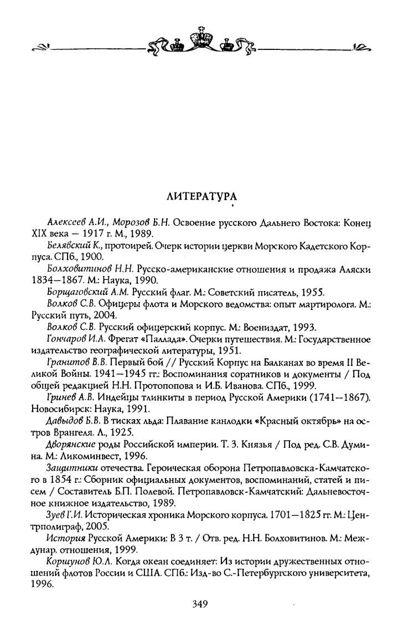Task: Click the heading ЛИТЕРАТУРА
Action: (202, 197)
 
